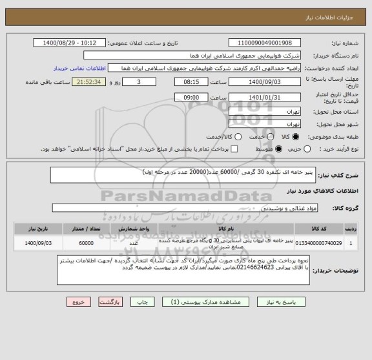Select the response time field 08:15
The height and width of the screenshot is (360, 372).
[192, 82]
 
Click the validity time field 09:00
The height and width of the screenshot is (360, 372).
[192, 96]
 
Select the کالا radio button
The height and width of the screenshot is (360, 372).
[296, 137]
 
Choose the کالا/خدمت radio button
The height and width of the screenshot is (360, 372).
[238, 137]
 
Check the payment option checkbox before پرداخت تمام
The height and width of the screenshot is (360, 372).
[234, 149]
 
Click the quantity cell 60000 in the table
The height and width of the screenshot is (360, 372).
[86, 243]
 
